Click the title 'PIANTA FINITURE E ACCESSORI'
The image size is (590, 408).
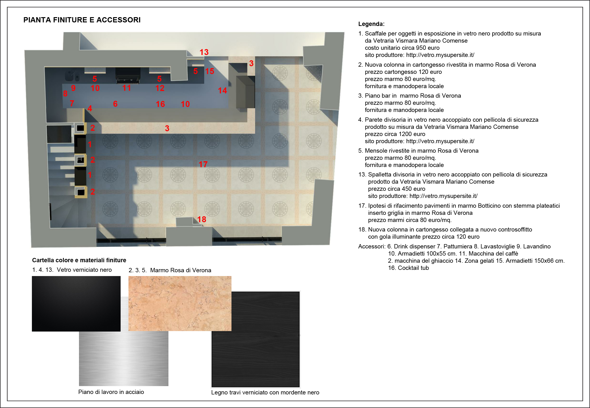(x=82, y=20)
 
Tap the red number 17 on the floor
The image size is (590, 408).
(x=203, y=164)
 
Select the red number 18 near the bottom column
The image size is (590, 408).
(x=202, y=219)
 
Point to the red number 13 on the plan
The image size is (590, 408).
(x=204, y=52)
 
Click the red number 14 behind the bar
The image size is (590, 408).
(x=222, y=91)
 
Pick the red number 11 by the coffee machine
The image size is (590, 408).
(x=127, y=88)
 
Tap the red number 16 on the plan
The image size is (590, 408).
(x=160, y=104)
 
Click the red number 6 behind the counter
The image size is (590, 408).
(x=115, y=104)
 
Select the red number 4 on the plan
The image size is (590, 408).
(x=90, y=108)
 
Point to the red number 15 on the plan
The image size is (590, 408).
(x=210, y=71)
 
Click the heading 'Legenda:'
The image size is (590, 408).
(x=371, y=24)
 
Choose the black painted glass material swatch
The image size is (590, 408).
(x=76, y=303)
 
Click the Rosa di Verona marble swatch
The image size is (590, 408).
(x=180, y=303)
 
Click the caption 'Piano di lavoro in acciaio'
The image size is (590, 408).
(x=111, y=392)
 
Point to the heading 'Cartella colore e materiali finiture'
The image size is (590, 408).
(x=79, y=260)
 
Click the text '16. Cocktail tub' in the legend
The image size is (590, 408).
(x=408, y=268)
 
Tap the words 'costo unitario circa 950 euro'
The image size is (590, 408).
(x=402, y=48)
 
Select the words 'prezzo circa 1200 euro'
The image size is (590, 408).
(x=395, y=134)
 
